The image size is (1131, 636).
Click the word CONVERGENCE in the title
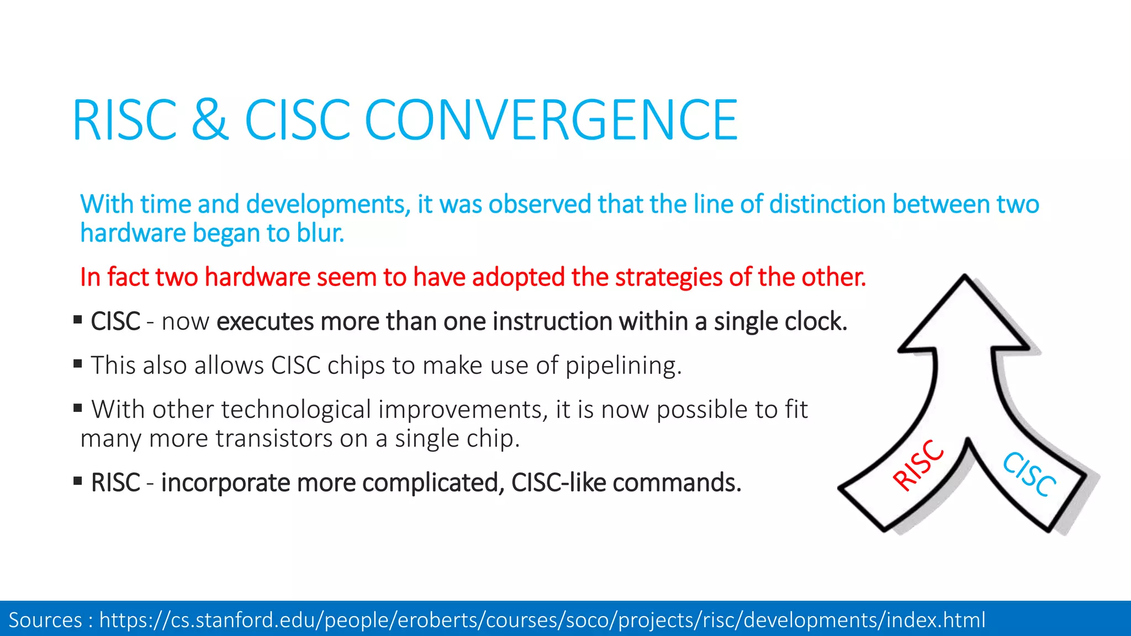coord(551,120)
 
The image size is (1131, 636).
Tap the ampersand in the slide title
coord(210,120)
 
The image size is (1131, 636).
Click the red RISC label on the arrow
coord(918,465)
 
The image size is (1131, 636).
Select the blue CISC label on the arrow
coord(1029,474)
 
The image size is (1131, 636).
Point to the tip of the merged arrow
coord(965,279)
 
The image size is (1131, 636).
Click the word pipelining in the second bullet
coord(623,365)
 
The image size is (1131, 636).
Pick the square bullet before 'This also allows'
coord(78,363)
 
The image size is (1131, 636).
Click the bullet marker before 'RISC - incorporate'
coord(78,480)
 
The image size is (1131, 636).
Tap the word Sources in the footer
coord(45,620)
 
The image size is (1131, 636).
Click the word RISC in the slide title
coord(125,120)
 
